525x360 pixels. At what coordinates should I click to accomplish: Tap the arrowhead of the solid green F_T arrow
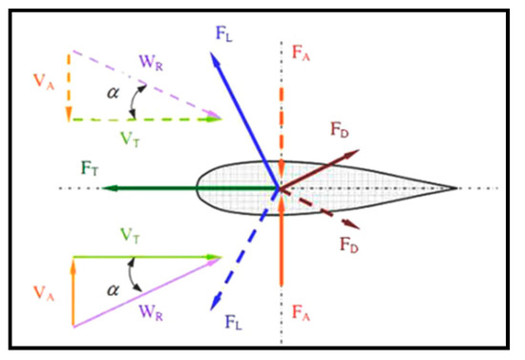tap(106, 188)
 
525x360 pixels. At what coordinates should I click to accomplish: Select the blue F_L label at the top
tap(224, 36)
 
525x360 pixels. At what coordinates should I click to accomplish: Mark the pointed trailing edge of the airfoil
tap(456, 187)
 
